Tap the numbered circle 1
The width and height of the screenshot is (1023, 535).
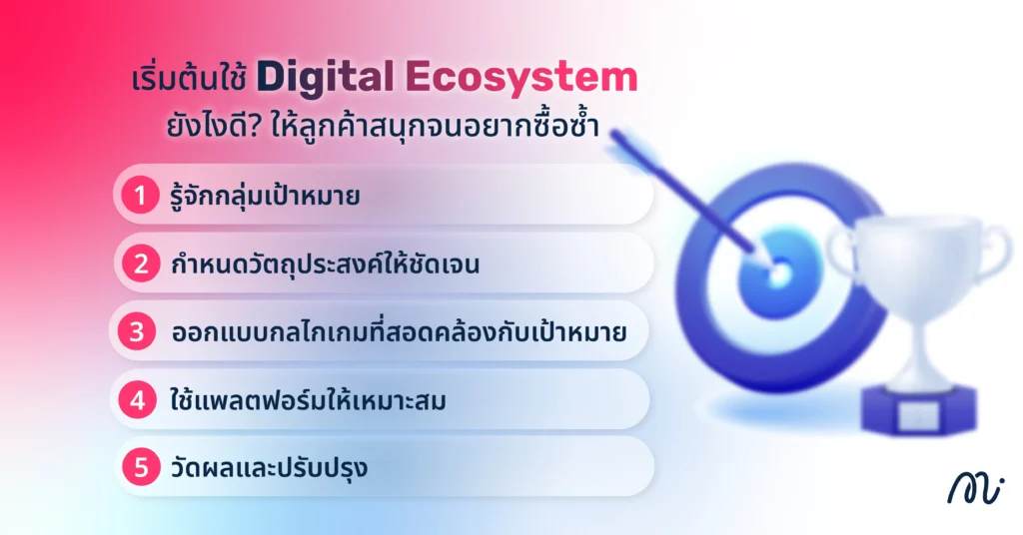[141, 195]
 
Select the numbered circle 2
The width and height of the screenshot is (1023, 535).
[141, 264]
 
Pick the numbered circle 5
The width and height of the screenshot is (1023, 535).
[141, 466]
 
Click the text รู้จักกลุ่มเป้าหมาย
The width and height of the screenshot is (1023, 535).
[266, 196]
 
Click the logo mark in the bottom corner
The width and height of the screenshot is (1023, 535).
[975, 488]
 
